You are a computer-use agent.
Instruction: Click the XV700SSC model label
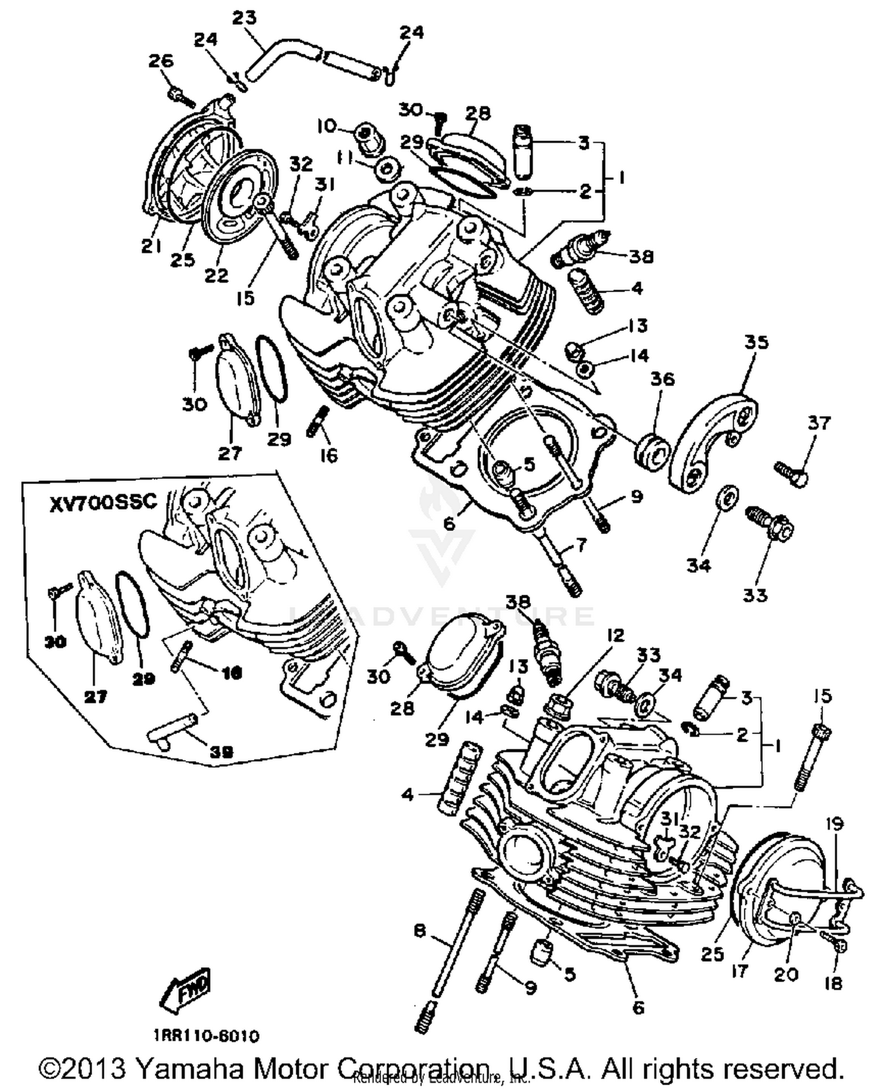pos(103,502)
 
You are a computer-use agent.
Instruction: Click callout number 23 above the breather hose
pos(244,18)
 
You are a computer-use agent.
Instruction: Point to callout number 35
pos(756,342)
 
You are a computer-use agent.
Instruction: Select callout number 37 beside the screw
pos(819,422)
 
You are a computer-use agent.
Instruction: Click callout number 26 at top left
pos(161,61)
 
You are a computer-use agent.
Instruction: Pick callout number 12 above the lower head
pos(615,635)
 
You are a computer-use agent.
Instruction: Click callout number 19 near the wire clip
pos(834,824)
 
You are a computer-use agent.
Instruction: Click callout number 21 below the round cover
pos(151,246)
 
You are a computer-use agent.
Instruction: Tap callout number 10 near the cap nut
pos(327,126)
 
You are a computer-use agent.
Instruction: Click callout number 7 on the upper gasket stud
pos(581,545)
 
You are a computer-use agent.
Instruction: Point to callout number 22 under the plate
pos(216,274)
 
